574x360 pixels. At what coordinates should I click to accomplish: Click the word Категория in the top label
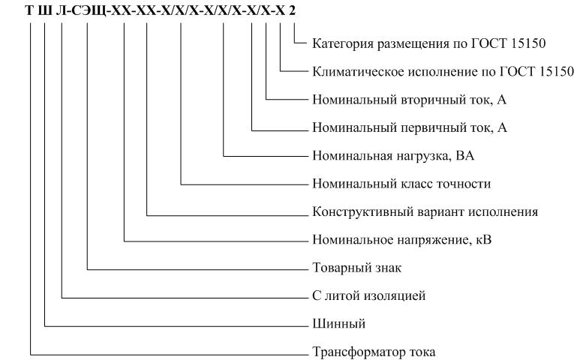click(343, 44)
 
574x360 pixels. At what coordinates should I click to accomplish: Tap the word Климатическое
click(353, 72)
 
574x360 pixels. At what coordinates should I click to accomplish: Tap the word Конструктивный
click(354, 211)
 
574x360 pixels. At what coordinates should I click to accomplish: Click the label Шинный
click(339, 324)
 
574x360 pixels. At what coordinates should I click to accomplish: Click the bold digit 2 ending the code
click(292, 11)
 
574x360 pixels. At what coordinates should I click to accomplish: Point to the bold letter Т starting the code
click(30, 11)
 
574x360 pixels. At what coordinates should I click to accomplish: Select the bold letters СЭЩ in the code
click(89, 11)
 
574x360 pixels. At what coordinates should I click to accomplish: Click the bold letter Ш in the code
click(45, 11)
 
